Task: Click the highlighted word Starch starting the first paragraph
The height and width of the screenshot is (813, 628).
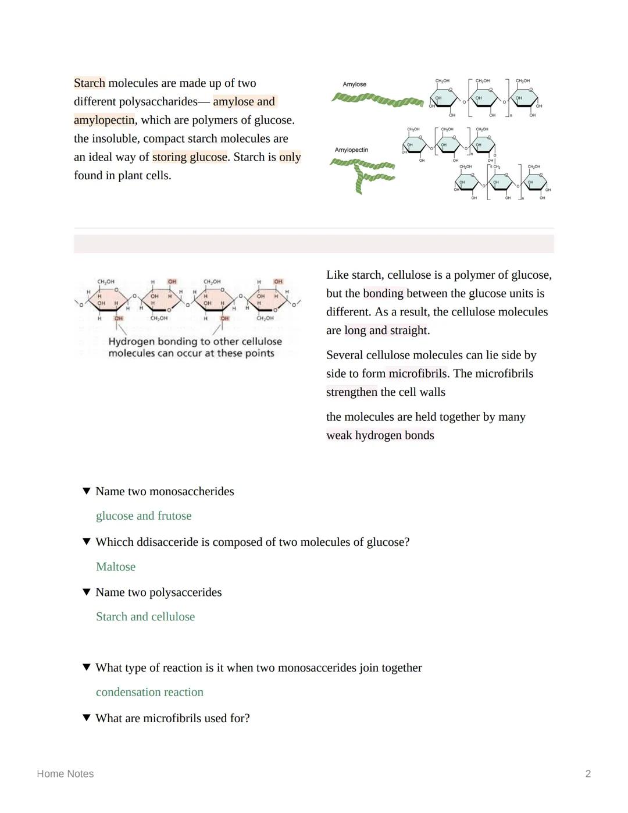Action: coord(90,83)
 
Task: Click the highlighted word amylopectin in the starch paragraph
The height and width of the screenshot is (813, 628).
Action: coord(104,120)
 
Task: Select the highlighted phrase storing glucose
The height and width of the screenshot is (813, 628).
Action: coord(190,157)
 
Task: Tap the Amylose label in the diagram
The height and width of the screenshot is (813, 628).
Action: coord(354,84)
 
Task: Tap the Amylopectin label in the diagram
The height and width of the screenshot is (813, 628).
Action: coord(351,150)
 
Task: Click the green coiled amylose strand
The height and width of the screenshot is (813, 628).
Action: coord(377,101)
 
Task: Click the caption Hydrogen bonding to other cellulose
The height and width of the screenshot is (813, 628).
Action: coord(195,342)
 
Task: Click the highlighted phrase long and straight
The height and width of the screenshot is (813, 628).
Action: coord(386,331)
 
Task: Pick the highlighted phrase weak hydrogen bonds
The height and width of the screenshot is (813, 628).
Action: coord(380,435)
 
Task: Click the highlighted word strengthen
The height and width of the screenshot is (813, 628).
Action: coord(352,392)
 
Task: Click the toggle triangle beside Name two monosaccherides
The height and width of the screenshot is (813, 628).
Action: coord(87,491)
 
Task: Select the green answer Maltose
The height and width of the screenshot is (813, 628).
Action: coord(116,567)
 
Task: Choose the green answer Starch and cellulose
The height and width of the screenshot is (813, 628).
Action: coord(145,617)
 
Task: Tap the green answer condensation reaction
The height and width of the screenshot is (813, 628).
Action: coord(149,693)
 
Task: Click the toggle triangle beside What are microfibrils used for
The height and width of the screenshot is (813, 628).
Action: coord(87,718)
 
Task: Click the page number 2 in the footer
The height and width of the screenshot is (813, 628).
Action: coord(588,774)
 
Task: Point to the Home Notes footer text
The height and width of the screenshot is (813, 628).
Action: coord(65,774)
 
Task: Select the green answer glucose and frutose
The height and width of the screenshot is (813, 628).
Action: coord(144,516)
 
